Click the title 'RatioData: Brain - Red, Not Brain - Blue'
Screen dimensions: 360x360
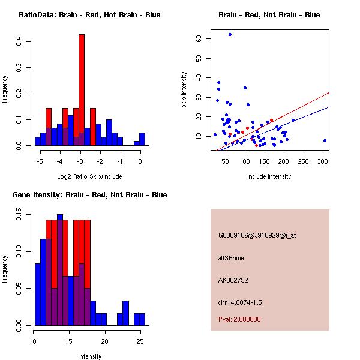[89, 15]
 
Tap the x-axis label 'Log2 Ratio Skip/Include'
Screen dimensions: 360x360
[89, 176]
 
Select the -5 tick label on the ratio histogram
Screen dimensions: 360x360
[40, 161]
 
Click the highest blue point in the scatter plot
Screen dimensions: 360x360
[230, 35]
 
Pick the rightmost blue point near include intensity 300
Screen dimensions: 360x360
[325, 140]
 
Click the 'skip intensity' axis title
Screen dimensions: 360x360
[184, 90]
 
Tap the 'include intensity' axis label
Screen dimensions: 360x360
[269, 176]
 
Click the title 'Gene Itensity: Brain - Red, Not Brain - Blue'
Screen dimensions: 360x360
[89, 195]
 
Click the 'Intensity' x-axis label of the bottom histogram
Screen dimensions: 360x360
[90, 356]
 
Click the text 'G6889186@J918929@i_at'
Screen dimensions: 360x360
[257, 235]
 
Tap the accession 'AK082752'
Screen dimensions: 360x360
[233, 280]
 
